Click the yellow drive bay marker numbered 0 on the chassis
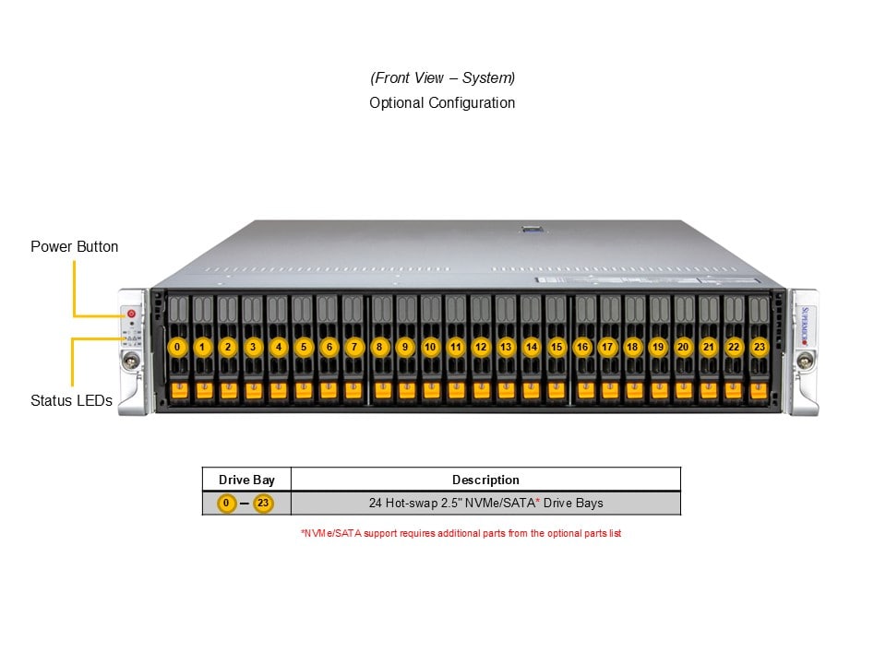click(x=177, y=347)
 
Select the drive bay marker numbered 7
click(x=353, y=347)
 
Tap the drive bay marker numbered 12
click(x=481, y=347)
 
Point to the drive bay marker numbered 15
click(x=557, y=347)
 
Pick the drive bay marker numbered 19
click(x=657, y=347)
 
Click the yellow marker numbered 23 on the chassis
click(x=759, y=347)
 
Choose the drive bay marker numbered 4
click(x=279, y=347)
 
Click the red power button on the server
click(x=131, y=314)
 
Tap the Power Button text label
click(x=75, y=246)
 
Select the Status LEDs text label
click(x=72, y=400)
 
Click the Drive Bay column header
click(x=246, y=480)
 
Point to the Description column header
click(x=485, y=480)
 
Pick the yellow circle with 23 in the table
click(x=264, y=504)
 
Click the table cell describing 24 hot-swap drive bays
click(x=485, y=504)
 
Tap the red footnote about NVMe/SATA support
click(x=461, y=533)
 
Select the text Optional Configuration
click(x=442, y=102)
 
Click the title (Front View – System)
click(x=442, y=77)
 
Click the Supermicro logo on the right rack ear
click(x=803, y=323)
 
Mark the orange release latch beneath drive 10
click(x=430, y=391)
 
